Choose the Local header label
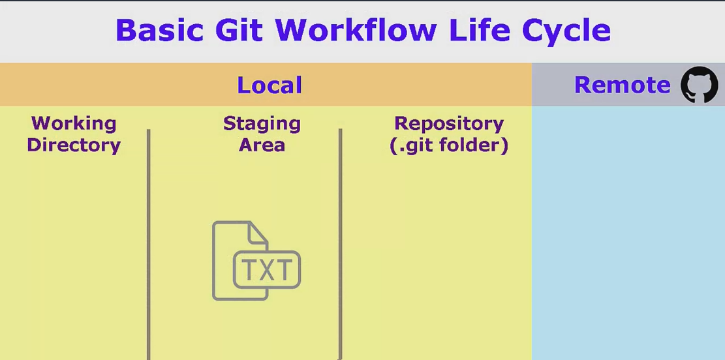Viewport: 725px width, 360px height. pyautogui.click(x=269, y=85)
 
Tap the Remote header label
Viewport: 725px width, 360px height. pyautogui.click(x=622, y=85)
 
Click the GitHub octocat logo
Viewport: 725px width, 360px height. pyautogui.click(x=699, y=85)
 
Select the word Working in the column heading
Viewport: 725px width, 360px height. pyautogui.click(x=74, y=123)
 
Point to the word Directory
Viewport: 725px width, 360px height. pyautogui.click(x=74, y=145)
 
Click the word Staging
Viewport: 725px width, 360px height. pyautogui.click(x=262, y=123)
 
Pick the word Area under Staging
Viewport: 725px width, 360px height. pyautogui.click(x=262, y=145)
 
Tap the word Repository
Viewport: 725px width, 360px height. pyautogui.click(x=449, y=123)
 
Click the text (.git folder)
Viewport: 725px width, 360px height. pyautogui.click(x=449, y=145)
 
